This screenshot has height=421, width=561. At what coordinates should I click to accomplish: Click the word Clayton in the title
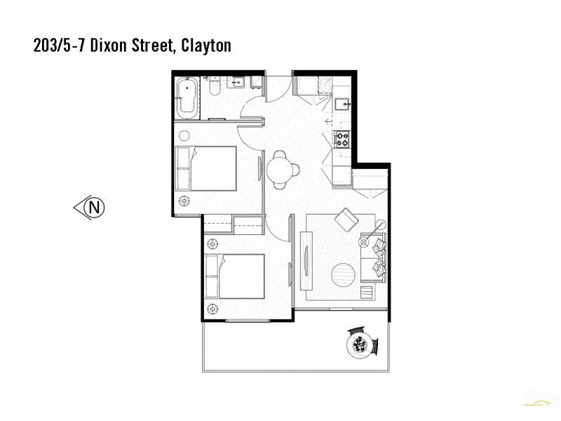pos(205,46)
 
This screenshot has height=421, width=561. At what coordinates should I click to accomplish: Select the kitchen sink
pos(342,105)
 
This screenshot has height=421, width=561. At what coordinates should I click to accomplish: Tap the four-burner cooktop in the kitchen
pos(342,138)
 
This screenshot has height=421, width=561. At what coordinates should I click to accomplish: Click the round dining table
pos(280,169)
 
